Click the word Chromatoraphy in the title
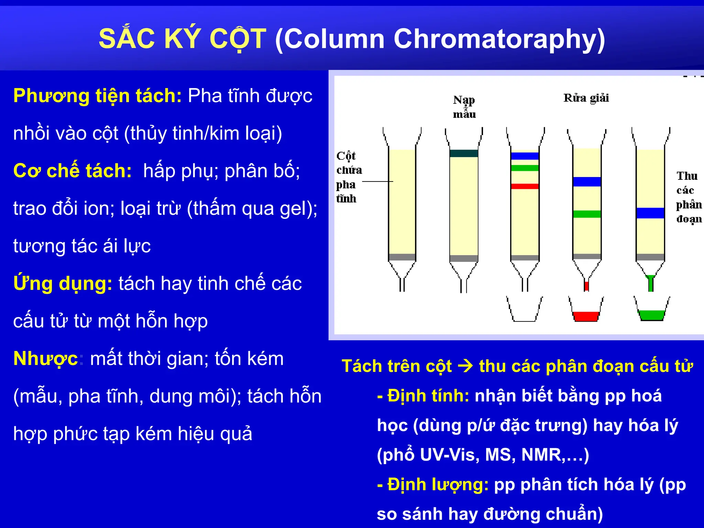click(x=498, y=39)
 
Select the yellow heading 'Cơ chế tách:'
click(x=72, y=171)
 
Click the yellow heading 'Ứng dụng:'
click(x=63, y=284)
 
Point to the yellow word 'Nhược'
click(x=45, y=359)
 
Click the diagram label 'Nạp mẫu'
click(x=464, y=107)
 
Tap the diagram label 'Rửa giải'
click(x=586, y=98)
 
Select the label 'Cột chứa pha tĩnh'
click(x=348, y=177)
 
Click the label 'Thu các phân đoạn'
click(x=689, y=197)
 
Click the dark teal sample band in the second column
click(x=464, y=153)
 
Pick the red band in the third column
click(x=525, y=186)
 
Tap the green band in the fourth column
click(x=587, y=214)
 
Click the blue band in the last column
click(x=650, y=213)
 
